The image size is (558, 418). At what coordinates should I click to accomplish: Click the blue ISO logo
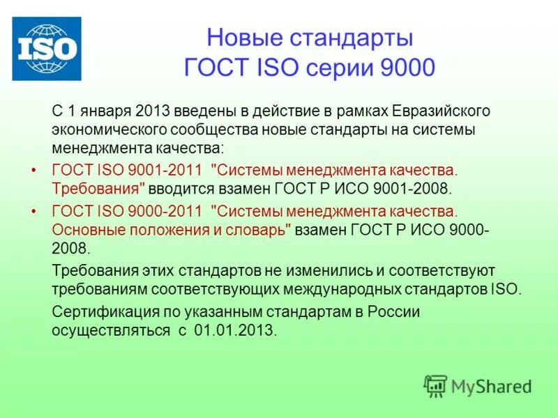pos(47,48)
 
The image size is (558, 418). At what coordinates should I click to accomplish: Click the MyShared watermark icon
pos(436,385)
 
